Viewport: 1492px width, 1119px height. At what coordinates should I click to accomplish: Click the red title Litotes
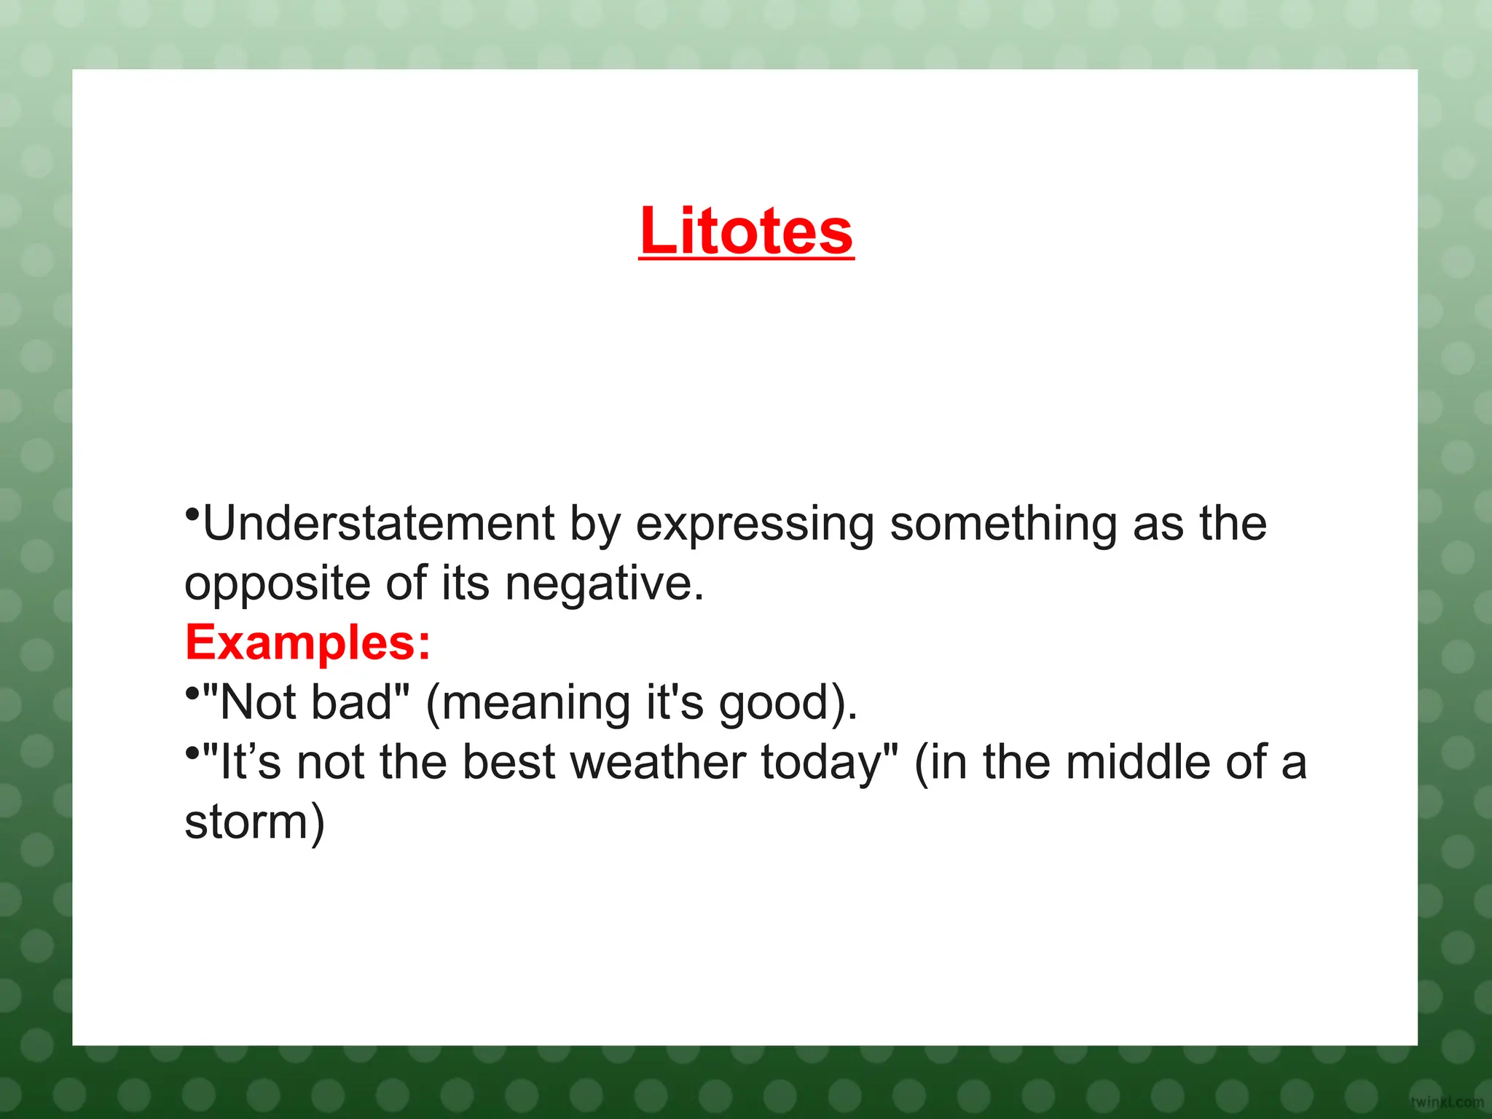pos(746,232)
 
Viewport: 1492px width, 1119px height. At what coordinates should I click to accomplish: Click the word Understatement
pos(379,524)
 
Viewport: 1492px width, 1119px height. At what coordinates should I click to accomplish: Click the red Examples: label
pos(308,644)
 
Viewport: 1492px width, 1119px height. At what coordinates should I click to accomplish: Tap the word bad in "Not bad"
pos(352,703)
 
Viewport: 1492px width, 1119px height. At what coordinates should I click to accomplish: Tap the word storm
pos(246,822)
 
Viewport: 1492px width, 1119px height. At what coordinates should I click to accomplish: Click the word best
pos(509,763)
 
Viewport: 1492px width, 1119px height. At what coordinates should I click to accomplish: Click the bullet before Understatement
pos(192,515)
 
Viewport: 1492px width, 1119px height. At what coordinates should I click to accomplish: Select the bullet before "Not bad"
pos(192,693)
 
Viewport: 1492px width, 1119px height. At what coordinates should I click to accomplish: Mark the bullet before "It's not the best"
pos(192,753)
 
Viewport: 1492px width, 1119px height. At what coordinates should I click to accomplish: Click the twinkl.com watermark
pos(1446,1102)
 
